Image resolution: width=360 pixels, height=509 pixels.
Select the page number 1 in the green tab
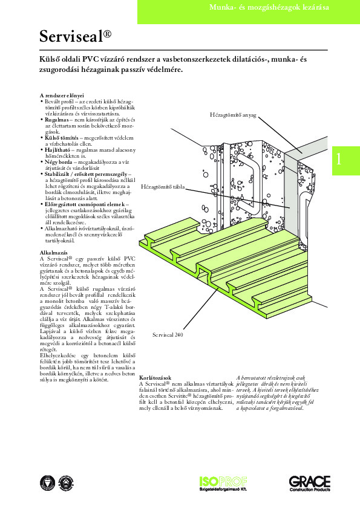point(339,159)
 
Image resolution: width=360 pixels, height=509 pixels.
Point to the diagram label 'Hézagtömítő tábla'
point(163,188)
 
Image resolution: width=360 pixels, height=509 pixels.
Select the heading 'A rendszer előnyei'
point(61,96)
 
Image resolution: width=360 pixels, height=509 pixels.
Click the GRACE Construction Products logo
point(309,484)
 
